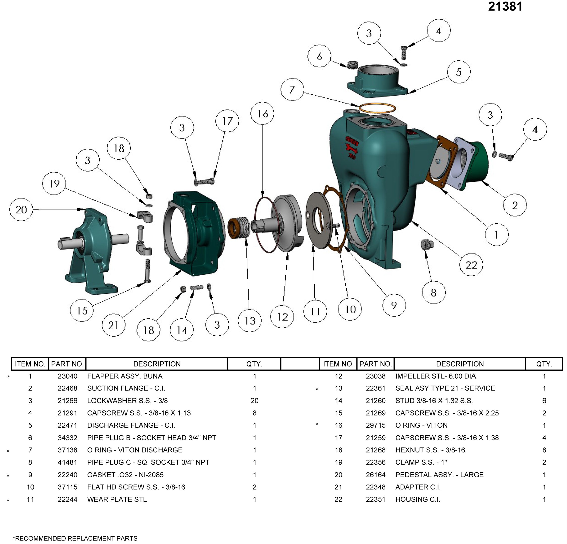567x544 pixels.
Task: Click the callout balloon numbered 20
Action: [x=21, y=209]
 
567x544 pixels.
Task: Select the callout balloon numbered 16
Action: [x=262, y=113]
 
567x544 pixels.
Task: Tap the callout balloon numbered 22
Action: [x=471, y=265]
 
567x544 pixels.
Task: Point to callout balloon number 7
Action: [x=292, y=89]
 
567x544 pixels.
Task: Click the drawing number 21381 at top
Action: [x=505, y=6]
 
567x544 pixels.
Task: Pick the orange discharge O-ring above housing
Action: [x=377, y=108]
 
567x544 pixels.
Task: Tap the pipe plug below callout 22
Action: [x=427, y=244]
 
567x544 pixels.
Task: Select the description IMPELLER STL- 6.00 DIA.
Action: [x=436, y=376]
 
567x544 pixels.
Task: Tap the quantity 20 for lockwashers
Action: [x=254, y=401]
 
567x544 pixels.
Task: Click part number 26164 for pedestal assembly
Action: [x=375, y=475]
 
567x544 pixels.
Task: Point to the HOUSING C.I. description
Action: [x=418, y=499]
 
